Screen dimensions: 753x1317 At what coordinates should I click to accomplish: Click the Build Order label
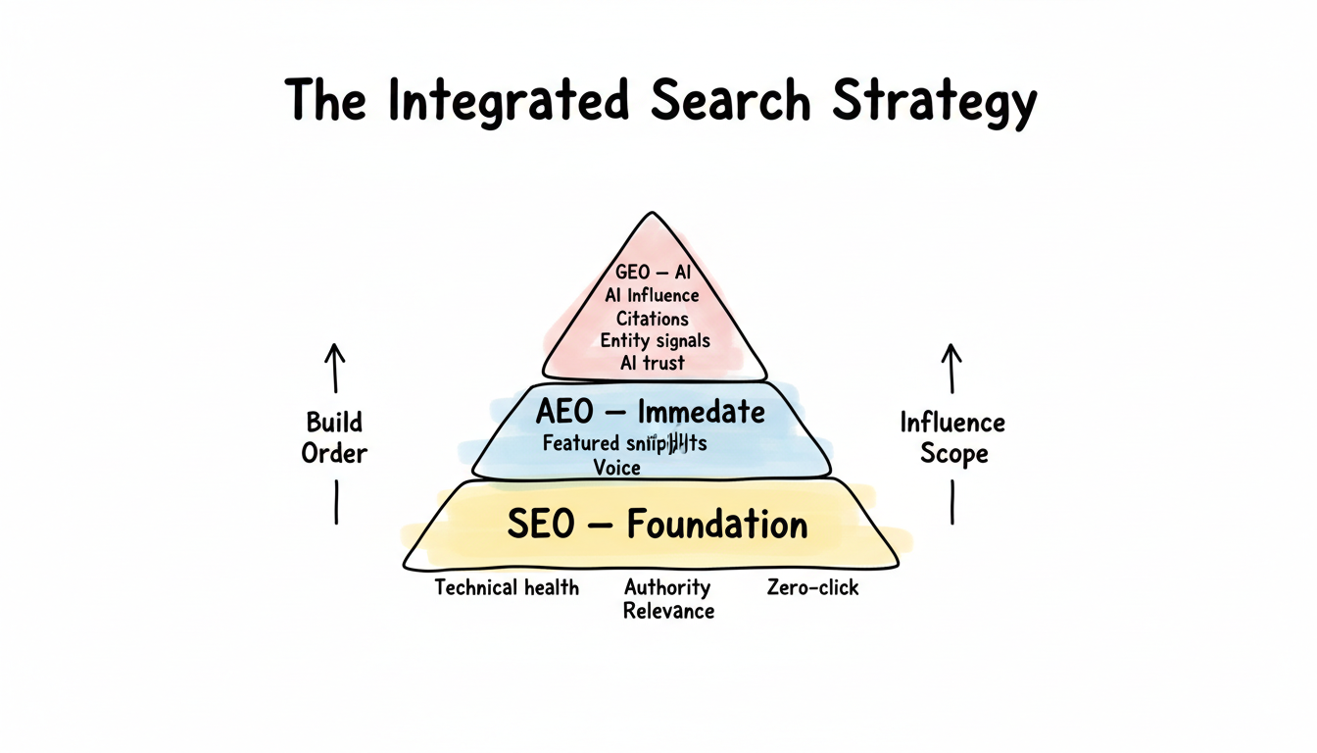[335, 438]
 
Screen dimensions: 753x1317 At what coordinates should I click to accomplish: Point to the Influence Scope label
[952, 438]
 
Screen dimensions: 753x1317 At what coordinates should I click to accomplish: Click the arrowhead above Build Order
[335, 351]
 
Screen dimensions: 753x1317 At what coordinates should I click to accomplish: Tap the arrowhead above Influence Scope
[950, 351]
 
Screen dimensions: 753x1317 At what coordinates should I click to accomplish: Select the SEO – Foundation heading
[657, 525]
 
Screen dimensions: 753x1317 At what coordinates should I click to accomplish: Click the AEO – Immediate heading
[650, 411]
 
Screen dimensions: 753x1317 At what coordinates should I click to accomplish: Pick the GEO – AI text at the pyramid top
[653, 273]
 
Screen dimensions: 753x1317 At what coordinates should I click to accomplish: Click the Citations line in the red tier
[653, 318]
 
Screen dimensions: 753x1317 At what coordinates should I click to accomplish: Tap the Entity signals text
[655, 340]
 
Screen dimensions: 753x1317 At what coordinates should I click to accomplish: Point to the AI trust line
[653, 363]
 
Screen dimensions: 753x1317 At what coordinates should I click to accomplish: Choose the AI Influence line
[653, 295]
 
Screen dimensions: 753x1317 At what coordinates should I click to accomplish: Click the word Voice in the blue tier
[617, 468]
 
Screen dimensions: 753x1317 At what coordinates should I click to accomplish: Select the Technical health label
[507, 588]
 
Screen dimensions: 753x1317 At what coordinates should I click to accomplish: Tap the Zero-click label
[813, 588]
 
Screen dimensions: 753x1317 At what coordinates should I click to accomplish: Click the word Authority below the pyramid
[667, 588]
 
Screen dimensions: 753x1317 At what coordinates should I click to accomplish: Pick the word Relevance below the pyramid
[668, 612]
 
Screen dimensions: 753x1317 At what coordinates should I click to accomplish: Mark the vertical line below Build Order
[336, 501]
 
